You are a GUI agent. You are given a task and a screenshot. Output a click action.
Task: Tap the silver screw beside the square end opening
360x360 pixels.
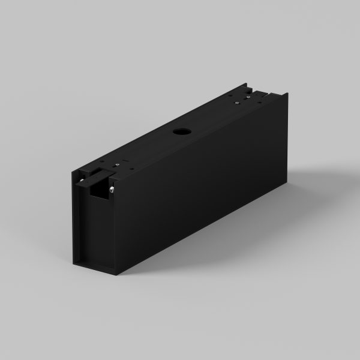112,190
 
